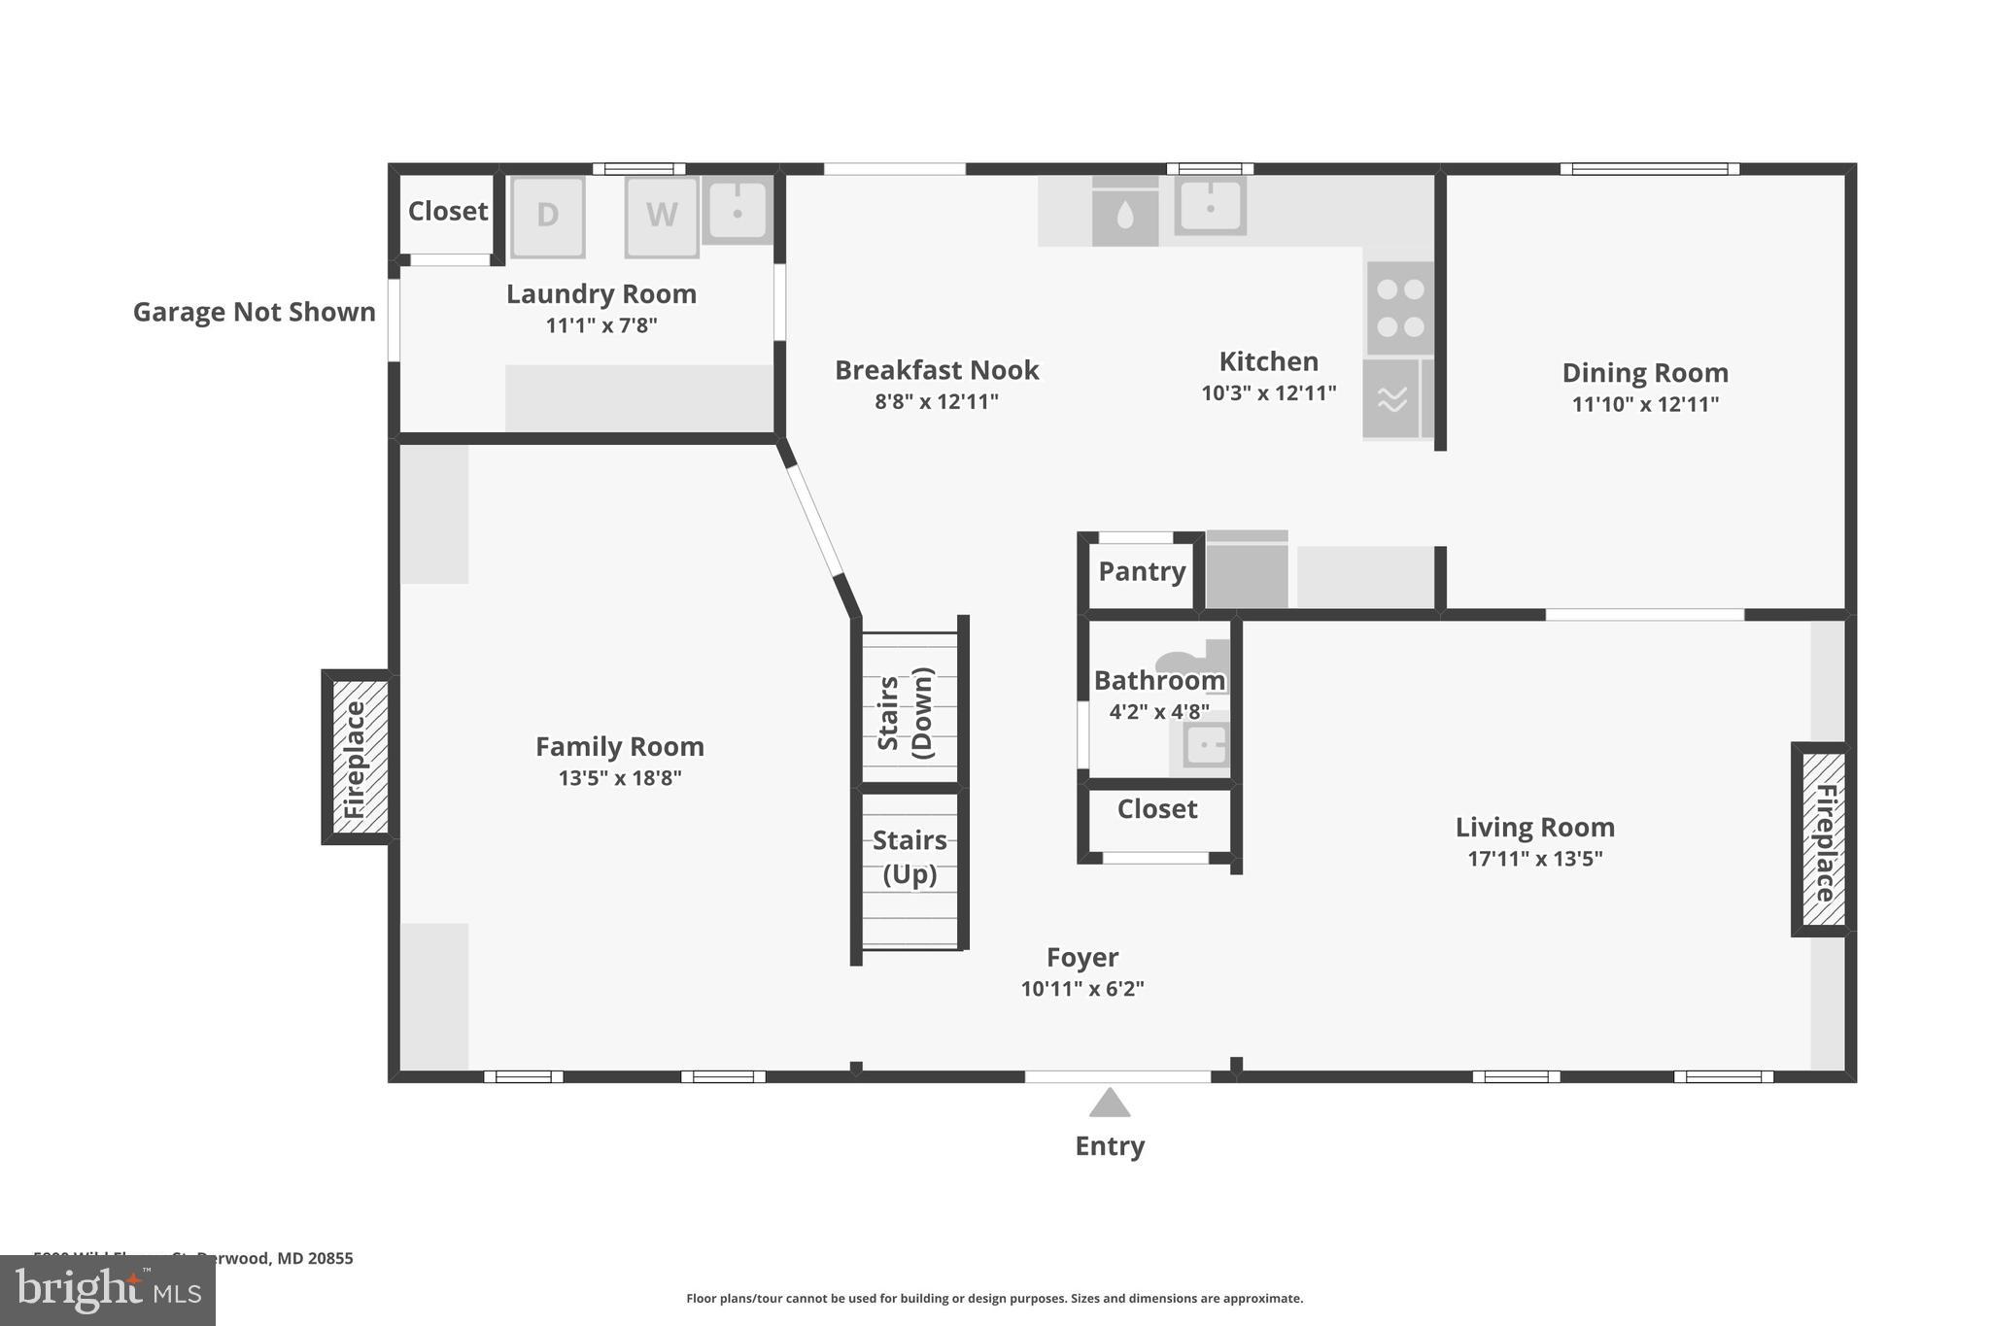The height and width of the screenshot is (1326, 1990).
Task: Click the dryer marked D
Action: (x=547, y=216)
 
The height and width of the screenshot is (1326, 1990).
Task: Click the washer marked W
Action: (x=661, y=216)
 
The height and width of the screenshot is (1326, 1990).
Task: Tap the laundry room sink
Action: (x=737, y=210)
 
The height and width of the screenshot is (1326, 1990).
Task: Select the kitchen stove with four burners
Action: (x=1400, y=308)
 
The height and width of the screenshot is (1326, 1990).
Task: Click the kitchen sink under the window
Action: (x=1210, y=206)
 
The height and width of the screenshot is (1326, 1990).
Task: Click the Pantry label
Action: (x=1142, y=571)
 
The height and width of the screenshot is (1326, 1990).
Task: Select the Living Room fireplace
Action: (x=1824, y=840)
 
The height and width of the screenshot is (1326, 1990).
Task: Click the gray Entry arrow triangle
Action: (x=1110, y=1104)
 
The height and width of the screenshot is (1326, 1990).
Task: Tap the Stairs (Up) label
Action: (x=909, y=857)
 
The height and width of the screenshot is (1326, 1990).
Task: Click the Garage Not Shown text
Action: (x=254, y=312)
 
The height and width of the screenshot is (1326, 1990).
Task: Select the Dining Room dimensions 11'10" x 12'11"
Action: (x=1645, y=404)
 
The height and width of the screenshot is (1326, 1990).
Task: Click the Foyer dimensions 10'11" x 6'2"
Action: (x=1082, y=989)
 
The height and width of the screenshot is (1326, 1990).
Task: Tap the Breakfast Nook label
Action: (x=937, y=370)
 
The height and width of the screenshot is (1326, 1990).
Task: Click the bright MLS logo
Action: (x=108, y=1290)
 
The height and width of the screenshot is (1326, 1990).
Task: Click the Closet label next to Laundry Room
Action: (x=447, y=211)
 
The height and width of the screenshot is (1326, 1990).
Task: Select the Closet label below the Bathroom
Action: (x=1156, y=809)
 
